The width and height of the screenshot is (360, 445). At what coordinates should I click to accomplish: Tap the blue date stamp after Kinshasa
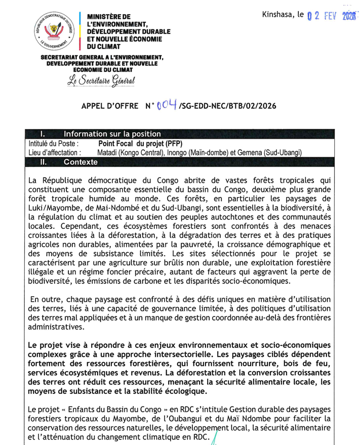coord(332,16)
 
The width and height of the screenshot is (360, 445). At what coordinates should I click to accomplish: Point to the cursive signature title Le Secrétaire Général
coord(101,79)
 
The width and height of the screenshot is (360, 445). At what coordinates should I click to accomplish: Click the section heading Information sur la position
coord(112,134)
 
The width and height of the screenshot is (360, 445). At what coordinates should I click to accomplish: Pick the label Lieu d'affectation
coord(55,152)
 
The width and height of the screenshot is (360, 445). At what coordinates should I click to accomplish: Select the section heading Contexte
coord(81,163)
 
